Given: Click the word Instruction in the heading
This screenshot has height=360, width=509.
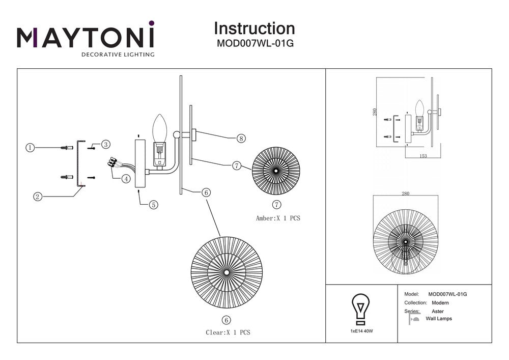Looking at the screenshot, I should [254, 28].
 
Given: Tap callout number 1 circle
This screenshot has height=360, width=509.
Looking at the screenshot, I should [30, 148].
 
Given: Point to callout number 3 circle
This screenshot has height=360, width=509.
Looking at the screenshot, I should [106, 145].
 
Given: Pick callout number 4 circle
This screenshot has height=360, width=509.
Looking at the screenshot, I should [125, 179].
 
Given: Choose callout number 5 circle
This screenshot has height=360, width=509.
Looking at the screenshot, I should [153, 205].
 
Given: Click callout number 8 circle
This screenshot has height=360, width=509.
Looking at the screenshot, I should [241, 138].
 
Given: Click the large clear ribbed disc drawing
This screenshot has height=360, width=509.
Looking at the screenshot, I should [226, 271].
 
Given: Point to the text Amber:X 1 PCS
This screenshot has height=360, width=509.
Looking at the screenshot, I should [278, 218].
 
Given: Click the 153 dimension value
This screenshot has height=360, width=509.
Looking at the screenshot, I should [423, 156].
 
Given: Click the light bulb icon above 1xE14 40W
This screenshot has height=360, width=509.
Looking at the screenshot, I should [360, 309].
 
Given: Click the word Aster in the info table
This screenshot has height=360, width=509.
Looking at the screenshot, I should [437, 311].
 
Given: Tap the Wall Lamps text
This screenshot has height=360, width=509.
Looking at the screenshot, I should [438, 319].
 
